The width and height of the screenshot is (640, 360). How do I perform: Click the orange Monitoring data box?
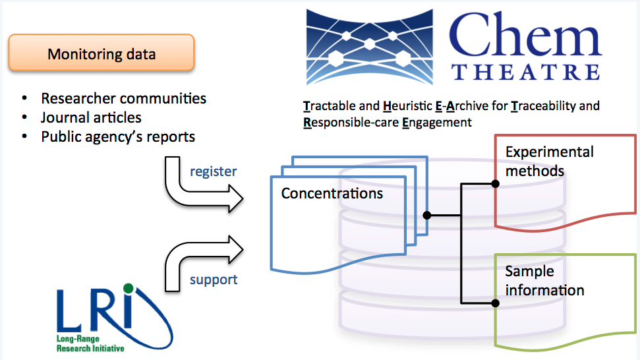pos(102,53)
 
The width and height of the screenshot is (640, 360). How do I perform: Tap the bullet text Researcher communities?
pos(123,98)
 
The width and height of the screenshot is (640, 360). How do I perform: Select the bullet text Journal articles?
pos(91,117)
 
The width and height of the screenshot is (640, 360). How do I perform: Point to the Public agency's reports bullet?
pos(118,137)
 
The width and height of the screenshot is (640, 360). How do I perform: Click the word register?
pos(213,171)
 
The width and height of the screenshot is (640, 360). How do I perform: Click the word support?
pos(214,280)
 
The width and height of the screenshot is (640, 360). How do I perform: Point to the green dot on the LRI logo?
pos(128,288)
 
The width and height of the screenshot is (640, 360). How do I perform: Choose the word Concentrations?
pos(332,194)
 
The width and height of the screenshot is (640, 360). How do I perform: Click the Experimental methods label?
pos(549,162)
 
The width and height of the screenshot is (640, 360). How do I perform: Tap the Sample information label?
pos(544,281)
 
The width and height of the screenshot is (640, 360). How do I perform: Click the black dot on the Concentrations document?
pos(427,215)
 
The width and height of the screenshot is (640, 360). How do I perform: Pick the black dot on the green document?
pos(495,303)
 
